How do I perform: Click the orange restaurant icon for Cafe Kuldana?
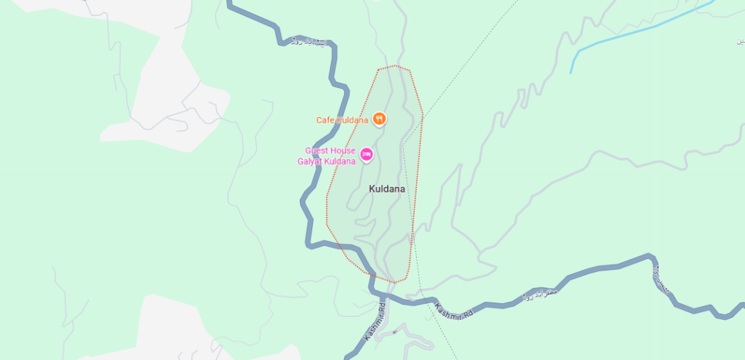click(378, 119)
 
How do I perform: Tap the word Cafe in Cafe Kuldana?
click(324, 120)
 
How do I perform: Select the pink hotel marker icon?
click(367, 154)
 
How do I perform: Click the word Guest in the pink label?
click(319, 151)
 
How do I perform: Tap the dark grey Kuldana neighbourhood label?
click(387, 189)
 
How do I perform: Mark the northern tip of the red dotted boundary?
click(394, 66)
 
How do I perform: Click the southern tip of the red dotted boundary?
click(393, 282)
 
